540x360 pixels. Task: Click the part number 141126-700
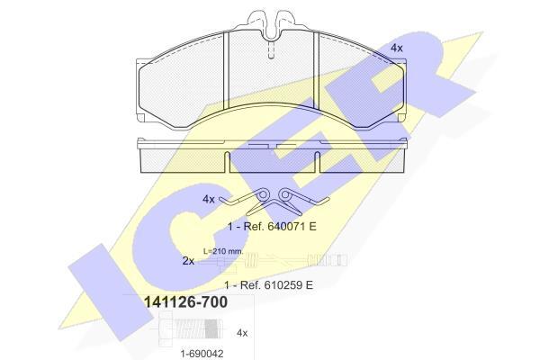click(185, 302)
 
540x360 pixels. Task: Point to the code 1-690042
click(202, 354)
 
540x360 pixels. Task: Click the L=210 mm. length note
click(223, 251)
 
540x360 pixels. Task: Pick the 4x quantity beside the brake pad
click(396, 48)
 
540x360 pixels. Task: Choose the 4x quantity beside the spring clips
click(209, 199)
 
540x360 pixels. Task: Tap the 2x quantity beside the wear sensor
click(188, 261)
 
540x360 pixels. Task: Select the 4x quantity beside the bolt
click(242, 333)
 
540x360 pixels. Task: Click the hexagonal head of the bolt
click(166, 329)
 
